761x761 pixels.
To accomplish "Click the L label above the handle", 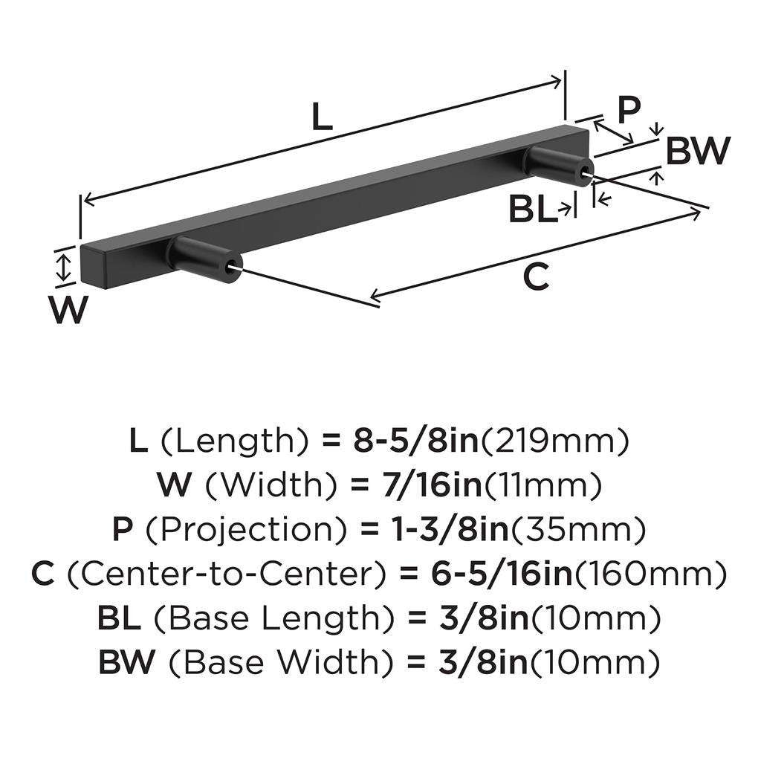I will [320, 117].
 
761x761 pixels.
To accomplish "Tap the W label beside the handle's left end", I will [68, 309].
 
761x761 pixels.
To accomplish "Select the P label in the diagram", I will [629, 110].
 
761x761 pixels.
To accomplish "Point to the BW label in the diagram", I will [698, 152].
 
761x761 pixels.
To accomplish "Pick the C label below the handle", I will [536, 277].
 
